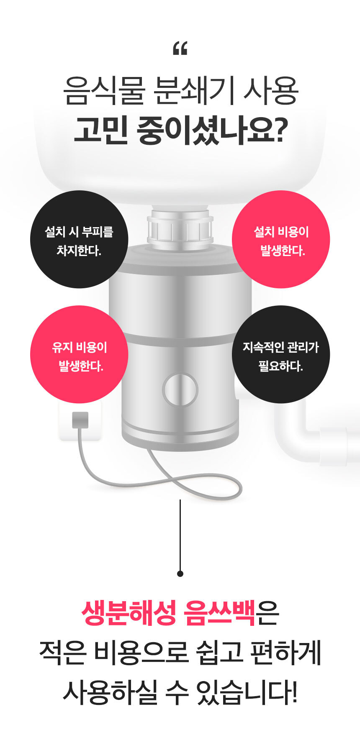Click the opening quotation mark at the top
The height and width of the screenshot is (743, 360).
pyautogui.click(x=180, y=49)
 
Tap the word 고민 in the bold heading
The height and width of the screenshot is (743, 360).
pyautogui.click(x=100, y=130)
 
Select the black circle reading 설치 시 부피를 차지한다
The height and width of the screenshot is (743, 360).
pyautogui.click(x=79, y=239)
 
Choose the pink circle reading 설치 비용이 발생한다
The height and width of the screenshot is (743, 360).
pyautogui.click(x=281, y=239)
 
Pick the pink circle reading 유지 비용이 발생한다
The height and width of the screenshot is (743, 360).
pyautogui.click(x=79, y=354)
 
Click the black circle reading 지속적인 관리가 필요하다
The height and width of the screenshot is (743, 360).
pyautogui.click(x=281, y=354)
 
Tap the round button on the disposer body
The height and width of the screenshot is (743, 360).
pyautogui.click(x=180, y=390)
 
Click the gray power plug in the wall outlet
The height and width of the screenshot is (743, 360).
pyautogui.click(x=80, y=420)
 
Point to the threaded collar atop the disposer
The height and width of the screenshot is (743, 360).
pyautogui.click(x=180, y=228)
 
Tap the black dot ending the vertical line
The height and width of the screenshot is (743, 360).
pyautogui.click(x=180, y=574)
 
